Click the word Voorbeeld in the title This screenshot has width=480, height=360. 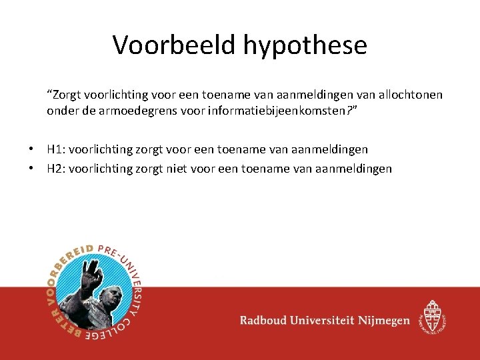[x=174, y=45]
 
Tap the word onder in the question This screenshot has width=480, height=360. [x=62, y=111]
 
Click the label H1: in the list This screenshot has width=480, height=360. [x=56, y=150]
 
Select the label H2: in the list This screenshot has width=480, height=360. [x=56, y=169]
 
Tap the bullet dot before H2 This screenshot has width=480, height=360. [x=31, y=169]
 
